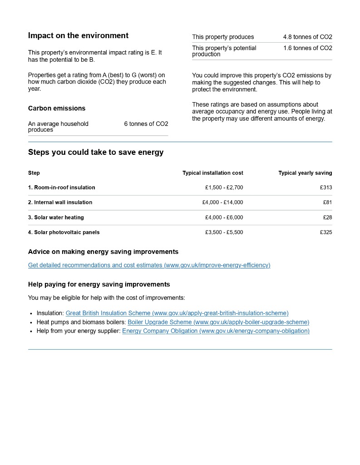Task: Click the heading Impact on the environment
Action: point(78,35)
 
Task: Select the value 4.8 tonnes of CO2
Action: point(307,37)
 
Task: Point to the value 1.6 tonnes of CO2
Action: point(307,48)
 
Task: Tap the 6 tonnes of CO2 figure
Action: point(146,124)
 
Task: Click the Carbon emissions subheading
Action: point(57,108)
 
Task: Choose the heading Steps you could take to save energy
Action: point(96,152)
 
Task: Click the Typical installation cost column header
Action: point(212,173)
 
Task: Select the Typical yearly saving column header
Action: point(305,173)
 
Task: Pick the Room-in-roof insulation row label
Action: point(62,188)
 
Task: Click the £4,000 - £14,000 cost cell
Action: point(222,203)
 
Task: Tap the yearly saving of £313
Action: point(326,188)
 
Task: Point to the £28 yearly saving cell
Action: point(327,218)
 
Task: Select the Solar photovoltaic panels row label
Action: point(64,232)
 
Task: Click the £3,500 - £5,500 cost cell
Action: point(224,232)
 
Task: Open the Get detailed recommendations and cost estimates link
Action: point(149,265)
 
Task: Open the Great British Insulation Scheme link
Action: point(177,313)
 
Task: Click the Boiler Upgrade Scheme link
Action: point(218,322)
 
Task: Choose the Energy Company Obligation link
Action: point(216,331)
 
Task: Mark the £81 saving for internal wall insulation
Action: point(327,203)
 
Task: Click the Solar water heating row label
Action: point(56,218)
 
